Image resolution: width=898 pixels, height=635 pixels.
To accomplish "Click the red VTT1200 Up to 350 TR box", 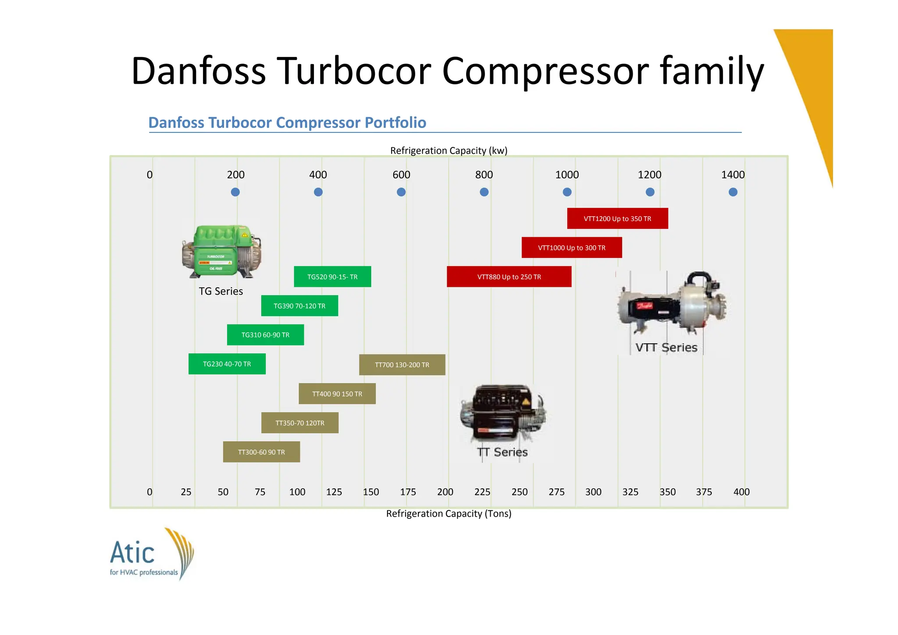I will pyautogui.click(x=617, y=218).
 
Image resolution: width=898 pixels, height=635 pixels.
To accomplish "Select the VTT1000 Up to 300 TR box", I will pyautogui.click(x=571, y=248).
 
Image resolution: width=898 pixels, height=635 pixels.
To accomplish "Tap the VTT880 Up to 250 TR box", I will pyautogui.click(x=509, y=277).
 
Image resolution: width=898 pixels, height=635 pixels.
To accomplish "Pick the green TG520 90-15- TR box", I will pyautogui.click(x=332, y=277).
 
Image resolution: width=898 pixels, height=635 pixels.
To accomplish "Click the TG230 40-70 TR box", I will pyautogui.click(x=227, y=364).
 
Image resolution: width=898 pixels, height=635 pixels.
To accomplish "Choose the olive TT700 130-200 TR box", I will pyautogui.click(x=402, y=365).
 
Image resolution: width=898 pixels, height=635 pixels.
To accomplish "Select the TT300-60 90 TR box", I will pyautogui.click(x=261, y=452).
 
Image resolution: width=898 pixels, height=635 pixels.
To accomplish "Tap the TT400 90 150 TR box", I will pyautogui.click(x=337, y=394).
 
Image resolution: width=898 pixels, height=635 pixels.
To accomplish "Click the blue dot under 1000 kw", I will pyautogui.click(x=567, y=192).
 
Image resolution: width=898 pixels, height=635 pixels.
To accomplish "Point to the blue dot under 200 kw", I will pyautogui.click(x=235, y=192).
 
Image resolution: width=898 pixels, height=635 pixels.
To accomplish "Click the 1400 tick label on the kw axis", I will pyautogui.click(x=733, y=175).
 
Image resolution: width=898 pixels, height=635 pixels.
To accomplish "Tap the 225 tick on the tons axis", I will pyautogui.click(x=482, y=492).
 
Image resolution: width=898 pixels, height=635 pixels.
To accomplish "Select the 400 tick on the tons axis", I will pyautogui.click(x=741, y=492).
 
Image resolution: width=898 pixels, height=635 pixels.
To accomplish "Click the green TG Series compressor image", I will pyautogui.click(x=221, y=251).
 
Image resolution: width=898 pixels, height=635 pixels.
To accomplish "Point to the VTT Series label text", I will pyautogui.click(x=666, y=348).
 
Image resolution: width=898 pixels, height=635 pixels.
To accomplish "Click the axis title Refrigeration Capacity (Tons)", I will pyautogui.click(x=449, y=514).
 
